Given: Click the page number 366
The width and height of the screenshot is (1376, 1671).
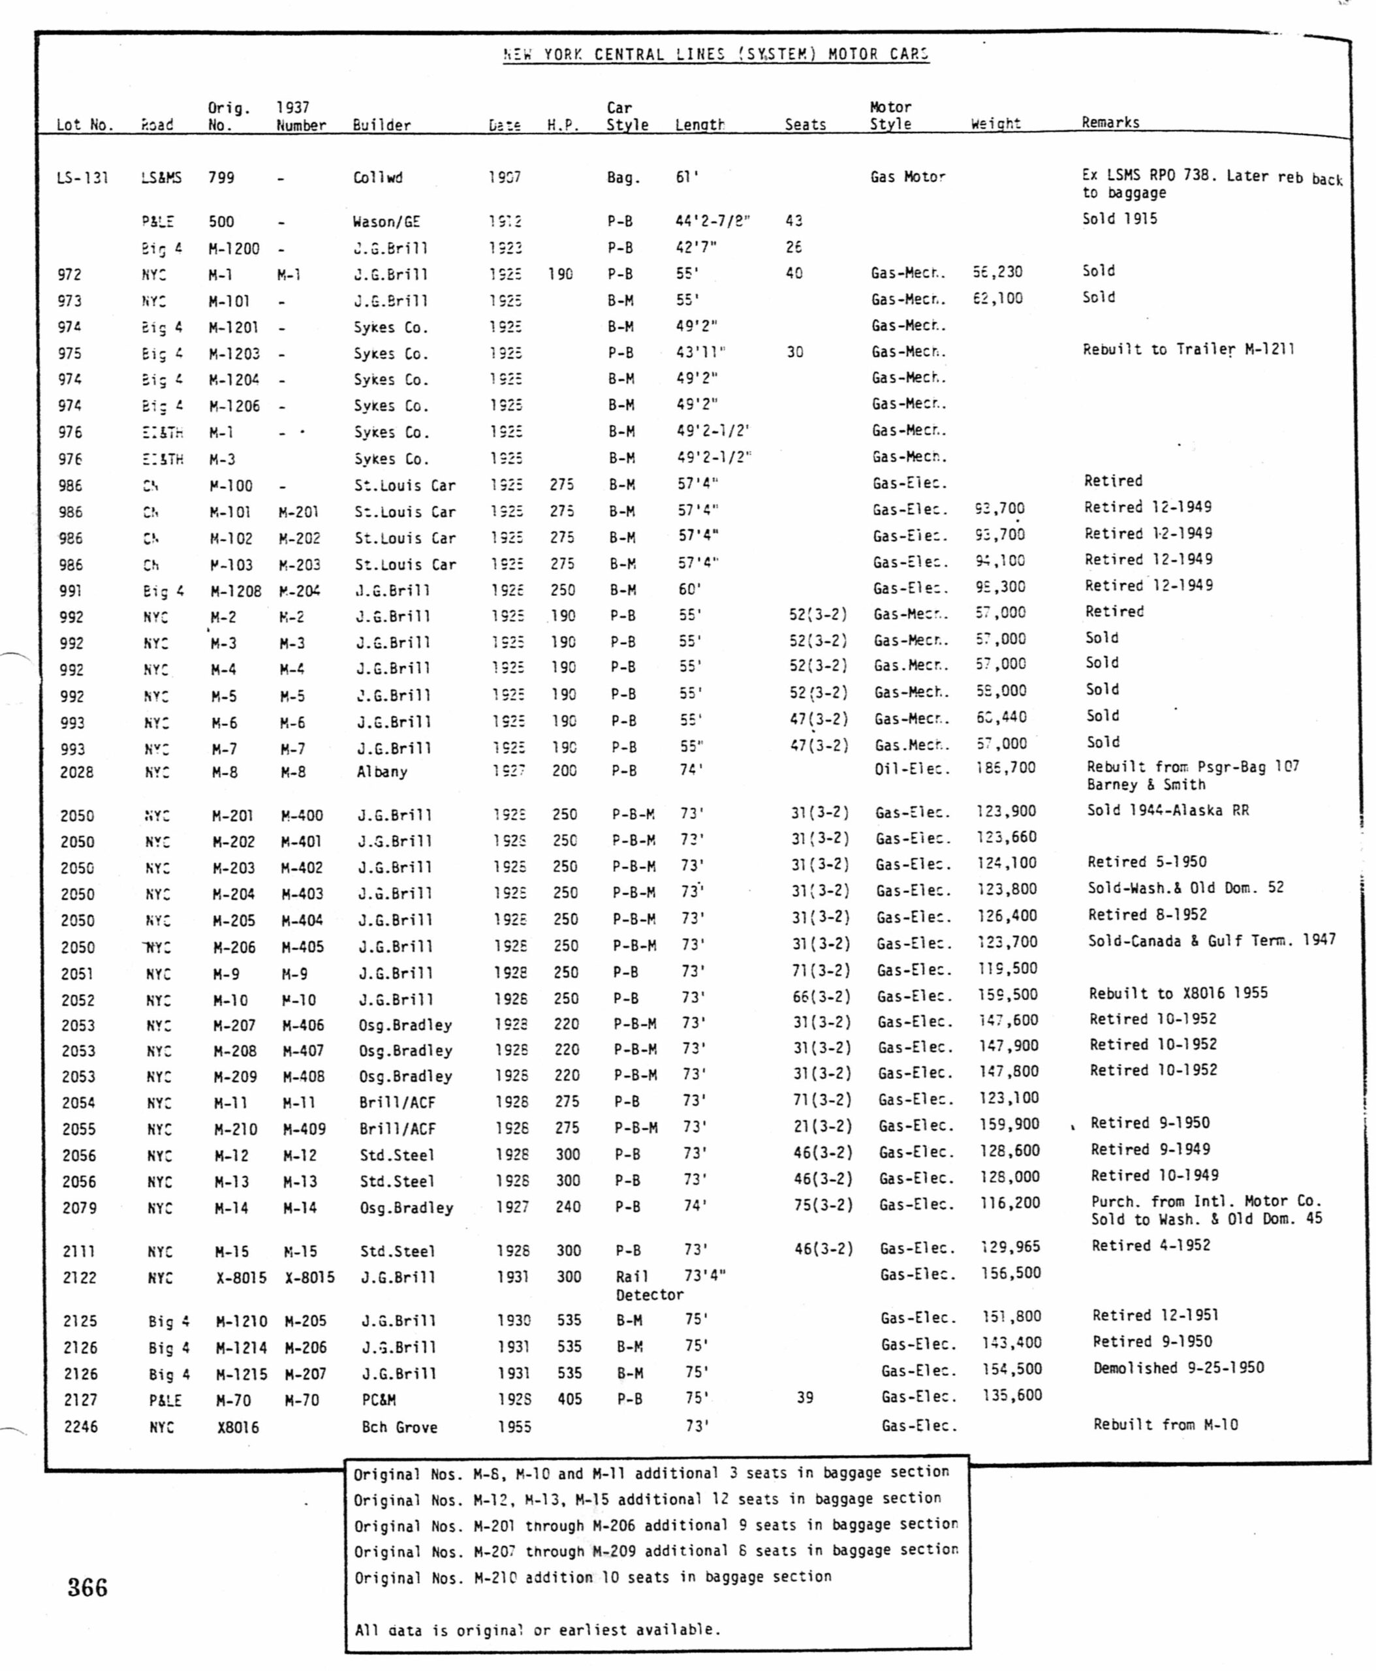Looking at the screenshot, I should tap(87, 1587).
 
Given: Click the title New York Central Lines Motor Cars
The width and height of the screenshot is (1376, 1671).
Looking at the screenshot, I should tap(715, 55).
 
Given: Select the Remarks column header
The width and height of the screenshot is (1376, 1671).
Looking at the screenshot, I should tap(1110, 122).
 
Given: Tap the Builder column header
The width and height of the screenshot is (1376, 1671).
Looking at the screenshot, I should tap(381, 125).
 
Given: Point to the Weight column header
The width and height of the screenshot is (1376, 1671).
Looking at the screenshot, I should tap(995, 123).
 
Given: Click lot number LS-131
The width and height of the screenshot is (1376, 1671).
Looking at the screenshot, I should tap(82, 178).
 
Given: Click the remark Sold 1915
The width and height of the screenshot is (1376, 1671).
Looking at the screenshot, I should tap(1119, 219).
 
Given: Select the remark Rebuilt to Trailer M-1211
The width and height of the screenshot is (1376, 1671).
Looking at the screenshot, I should tap(1188, 350).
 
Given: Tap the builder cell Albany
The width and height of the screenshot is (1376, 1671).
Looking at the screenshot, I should tap(381, 772).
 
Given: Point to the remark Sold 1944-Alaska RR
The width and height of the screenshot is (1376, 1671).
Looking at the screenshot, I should tap(1168, 810).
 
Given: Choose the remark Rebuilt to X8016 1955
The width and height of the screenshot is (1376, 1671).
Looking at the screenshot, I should tap(1178, 993).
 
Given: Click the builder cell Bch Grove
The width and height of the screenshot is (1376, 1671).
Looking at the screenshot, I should tap(399, 1428).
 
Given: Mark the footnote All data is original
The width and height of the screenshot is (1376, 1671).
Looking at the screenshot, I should tap(537, 1630).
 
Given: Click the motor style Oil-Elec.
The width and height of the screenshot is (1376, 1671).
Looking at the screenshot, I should tap(911, 768).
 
